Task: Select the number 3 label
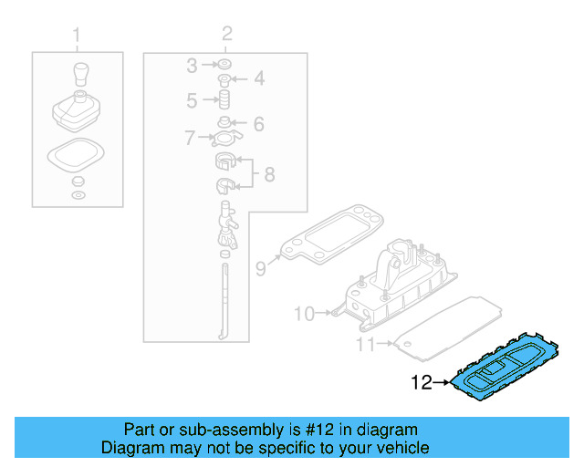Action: [x=192, y=65]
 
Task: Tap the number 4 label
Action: [x=259, y=79]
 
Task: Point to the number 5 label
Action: [x=192, y=99]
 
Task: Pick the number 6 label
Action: [x=258, y=123]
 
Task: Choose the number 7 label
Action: [x=190, y=139]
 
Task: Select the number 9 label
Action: [x=260, y=268]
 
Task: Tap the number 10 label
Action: [x=304, y=314]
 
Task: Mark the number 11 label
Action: [x=365, y=345]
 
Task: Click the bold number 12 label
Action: [x=421, y=383]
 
